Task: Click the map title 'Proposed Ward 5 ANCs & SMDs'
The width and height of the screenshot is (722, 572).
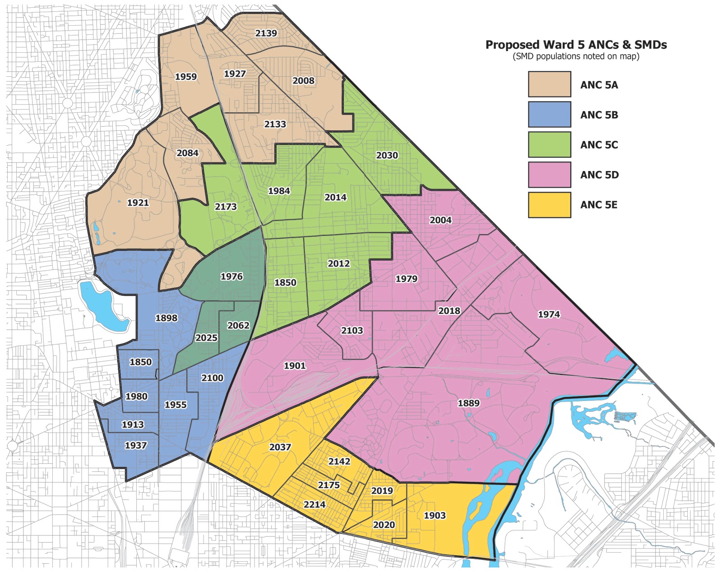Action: click(x=576, y=45)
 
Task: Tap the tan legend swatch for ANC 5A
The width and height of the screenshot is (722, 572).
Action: click(x=549, y=84)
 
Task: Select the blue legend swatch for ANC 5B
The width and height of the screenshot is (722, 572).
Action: click(x=549, y=115)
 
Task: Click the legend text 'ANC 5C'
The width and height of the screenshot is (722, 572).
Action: click(x=599, y=145)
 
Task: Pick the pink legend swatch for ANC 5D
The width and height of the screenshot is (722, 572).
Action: click(x=549, y=175)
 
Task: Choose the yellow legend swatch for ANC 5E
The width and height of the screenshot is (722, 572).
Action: click(x=549, y=205)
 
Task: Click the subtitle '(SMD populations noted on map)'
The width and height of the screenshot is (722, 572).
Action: click(x=576, y=56)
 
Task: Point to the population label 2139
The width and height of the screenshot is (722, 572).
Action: click(x=266, y=33)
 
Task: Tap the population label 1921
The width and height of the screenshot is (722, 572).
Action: click(x=138, y=203)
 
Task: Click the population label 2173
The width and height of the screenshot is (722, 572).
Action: click(x=225, y=207)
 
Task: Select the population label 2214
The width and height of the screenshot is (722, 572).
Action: click(x=314, y=504)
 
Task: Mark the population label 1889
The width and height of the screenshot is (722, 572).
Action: click(x=468, y=403)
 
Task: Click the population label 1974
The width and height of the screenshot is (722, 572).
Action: click(x=549, y=314)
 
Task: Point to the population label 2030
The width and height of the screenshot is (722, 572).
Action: click(x=387, y=155)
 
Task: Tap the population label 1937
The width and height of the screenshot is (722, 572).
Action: click(x=135, y=445)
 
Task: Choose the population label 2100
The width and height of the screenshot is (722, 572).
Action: click(x=212, y=378)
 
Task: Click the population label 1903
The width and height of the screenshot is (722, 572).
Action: click(x=435, y=515)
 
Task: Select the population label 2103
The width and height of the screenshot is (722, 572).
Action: click(x=352, y=330)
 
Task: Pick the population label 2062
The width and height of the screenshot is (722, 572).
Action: click(x=238, y=325)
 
